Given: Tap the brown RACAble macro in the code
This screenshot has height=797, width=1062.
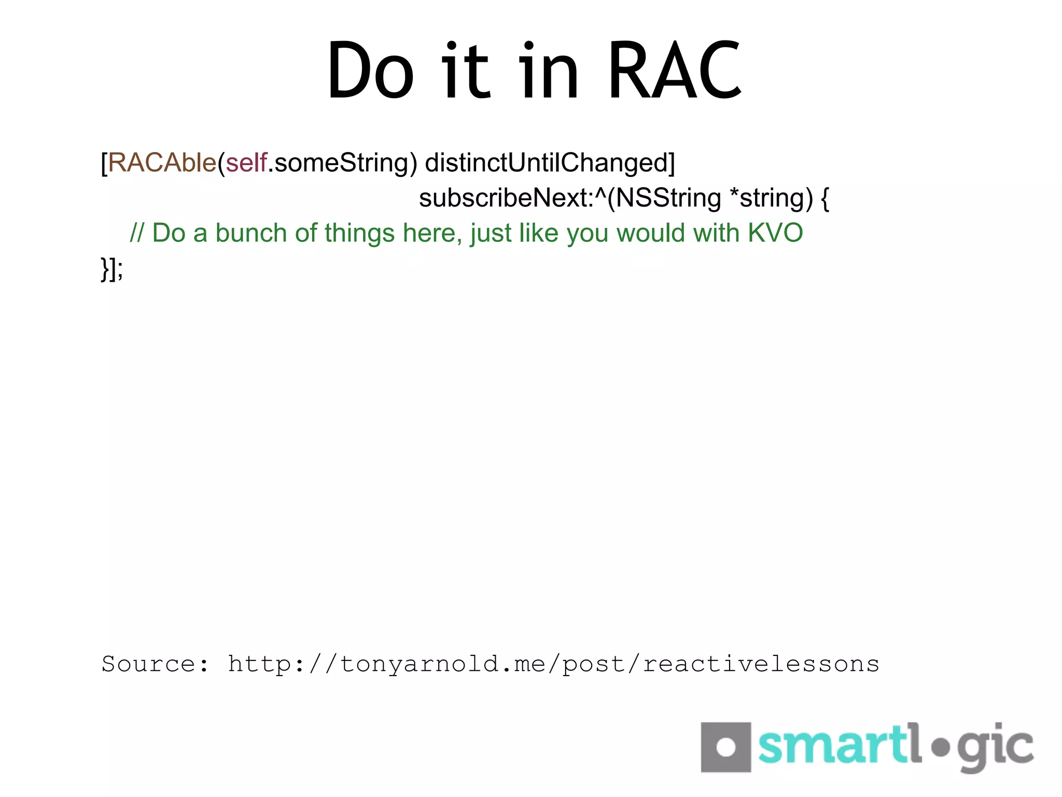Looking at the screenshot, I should [x=162, y=163].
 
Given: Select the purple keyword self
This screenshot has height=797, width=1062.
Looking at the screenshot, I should [x=246, y=163].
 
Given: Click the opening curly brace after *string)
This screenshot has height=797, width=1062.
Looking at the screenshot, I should [x=825, y=198].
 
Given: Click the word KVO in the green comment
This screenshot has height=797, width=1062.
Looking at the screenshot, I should [x=775, y=233].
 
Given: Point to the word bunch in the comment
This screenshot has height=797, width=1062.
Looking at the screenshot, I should [x=251, y=233].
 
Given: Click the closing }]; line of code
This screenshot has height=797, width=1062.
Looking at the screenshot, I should [x=112, y=269].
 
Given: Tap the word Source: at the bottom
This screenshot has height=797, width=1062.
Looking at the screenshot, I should [x=155, y=664].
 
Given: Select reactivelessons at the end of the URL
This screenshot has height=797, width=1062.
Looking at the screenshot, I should [x=761, y=664].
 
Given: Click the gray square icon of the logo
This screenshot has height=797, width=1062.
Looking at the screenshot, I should [x=725, y=747].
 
